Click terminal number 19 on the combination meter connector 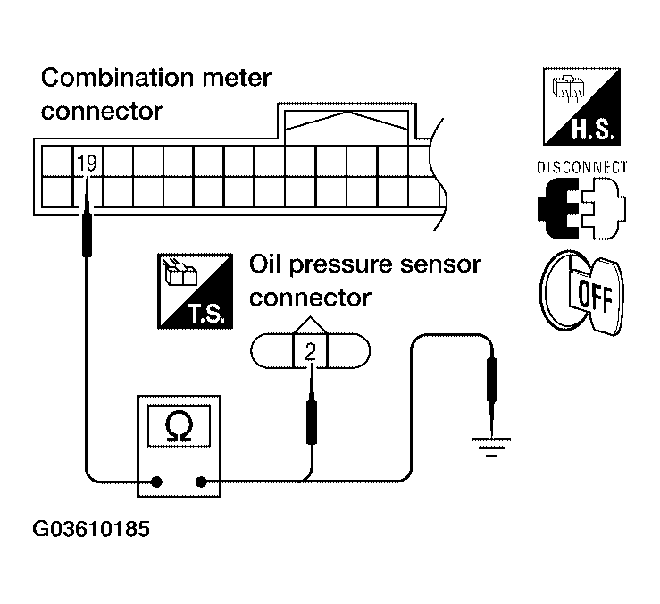click(x=88, y=163)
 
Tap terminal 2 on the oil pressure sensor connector click(x=310, y=352)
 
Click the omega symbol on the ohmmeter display click(x=179, y=426)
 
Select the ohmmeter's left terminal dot click(x=156, y=482)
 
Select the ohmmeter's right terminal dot click(x=201, y=482)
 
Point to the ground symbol click(x=491, y=448)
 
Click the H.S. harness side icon click(x=581, y=106)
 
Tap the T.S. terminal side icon click(x=195, y=291)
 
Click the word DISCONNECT click(x=581, y=167)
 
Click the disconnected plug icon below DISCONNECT click(x=581, y=208)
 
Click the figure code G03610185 click(x=91, y=529)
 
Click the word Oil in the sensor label click(x=264, y=264)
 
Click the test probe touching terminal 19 click(x=88, y=217)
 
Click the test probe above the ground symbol click(x=491, y=395)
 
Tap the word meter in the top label click(x=237, y=79)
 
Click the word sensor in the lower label click(x=440, y=265)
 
